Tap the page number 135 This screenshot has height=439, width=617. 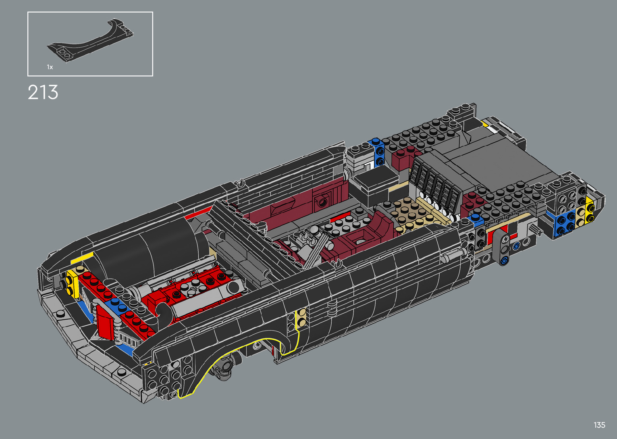point(599,425)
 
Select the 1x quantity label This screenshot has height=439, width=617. point(50,67)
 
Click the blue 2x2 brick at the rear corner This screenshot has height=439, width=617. point(565,225)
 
